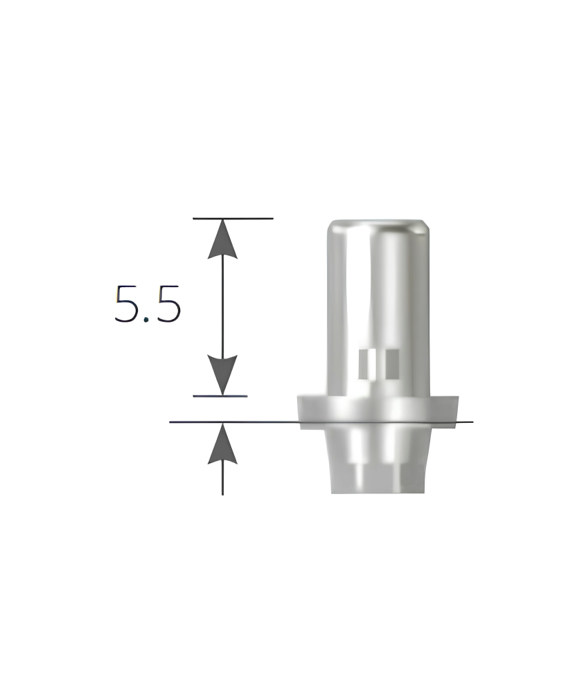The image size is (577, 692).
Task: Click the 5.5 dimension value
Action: [x=148, y=304]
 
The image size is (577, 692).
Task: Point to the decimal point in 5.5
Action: [x=148, y=320]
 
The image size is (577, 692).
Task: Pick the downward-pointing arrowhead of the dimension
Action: [x=222, y=375]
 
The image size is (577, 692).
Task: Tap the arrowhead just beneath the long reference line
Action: [x=222, y=443]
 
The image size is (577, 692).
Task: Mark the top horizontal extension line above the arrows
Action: [x=233, y=218]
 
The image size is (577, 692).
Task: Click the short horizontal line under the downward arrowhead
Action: [x=220, y=396]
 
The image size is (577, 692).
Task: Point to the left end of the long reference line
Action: [x=170, y=422]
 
